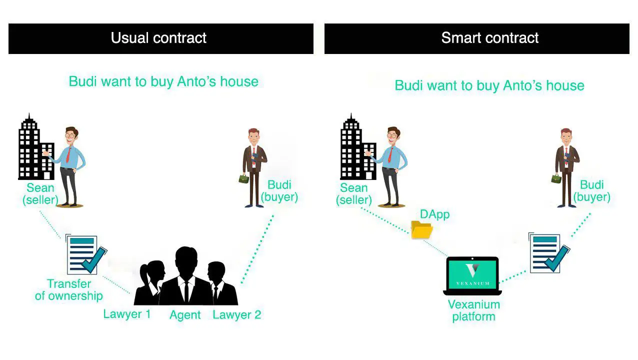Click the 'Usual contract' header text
tap(158, 38)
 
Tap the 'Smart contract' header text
tap(489, 38)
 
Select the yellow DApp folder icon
tap(421, 230)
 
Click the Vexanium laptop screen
tap(472, 273)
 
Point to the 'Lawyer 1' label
tap(126, 314)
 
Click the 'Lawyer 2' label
tap(236, 314)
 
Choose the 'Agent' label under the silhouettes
tap(185, 315)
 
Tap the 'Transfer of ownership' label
tap(69, 290)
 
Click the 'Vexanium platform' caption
tap(473, 310)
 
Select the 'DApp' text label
tap(434, 214)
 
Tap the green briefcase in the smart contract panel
tap(555, 178)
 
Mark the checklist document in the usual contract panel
tap(84, 254)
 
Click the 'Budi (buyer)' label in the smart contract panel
tap(592, 191)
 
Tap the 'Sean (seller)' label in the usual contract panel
tap(40, 194)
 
